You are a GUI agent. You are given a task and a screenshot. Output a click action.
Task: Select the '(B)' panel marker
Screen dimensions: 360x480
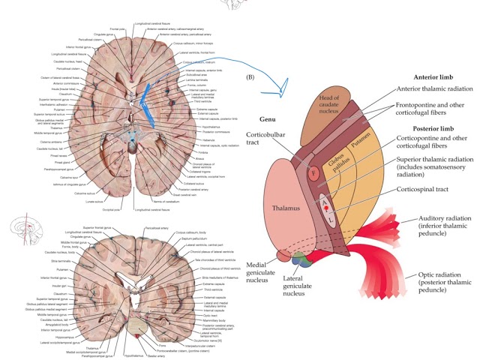click(260, 76)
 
